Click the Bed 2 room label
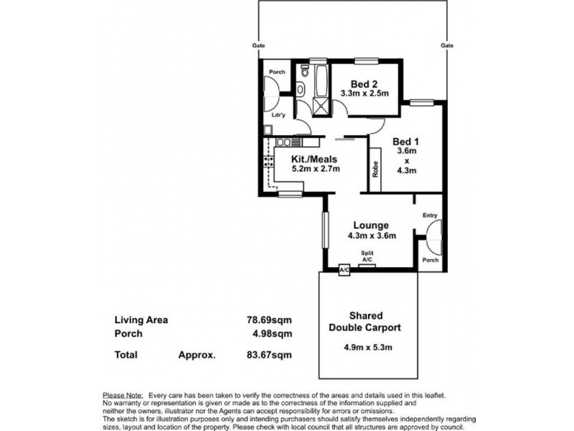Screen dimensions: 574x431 (364, 84)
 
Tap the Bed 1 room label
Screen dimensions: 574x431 (405, 142)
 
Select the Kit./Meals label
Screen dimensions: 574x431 (314, 159)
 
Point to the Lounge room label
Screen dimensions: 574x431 (371, 226)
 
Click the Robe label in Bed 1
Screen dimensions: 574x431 (375, 170)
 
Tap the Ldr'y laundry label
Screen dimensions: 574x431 (278, 115)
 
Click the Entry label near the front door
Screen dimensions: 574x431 (430, 215)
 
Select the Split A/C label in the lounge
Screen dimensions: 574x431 (367, 256)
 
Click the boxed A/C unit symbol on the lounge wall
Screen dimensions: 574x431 (344, 271)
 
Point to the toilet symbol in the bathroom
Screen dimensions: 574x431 (304, 70)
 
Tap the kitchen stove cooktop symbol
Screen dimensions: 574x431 (268, 162)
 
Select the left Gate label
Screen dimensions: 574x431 (258, 45)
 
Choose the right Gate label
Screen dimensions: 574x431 (447, 45)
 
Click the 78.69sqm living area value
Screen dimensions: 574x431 (270, 320)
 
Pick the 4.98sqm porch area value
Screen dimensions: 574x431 (272, 334)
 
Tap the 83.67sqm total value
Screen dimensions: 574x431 (270, 355)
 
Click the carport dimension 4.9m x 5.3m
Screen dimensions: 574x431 (368, 347)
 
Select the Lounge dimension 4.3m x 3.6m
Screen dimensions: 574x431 (372, 236)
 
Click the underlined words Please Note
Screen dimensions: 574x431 (123, 396)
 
